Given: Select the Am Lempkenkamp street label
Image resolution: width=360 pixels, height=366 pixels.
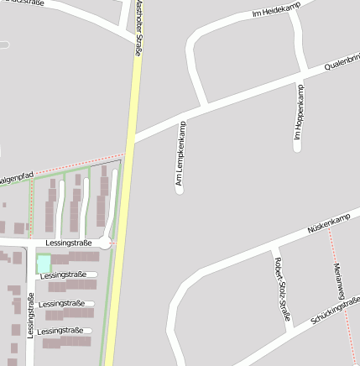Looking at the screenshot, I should pos(179,154).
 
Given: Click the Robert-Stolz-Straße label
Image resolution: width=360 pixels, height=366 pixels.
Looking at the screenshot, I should pos(278,288).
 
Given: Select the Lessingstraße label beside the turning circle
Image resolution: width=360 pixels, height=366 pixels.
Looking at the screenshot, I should pos(70,243).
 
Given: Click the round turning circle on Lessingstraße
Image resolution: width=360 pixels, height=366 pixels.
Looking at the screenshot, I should pos(104,243).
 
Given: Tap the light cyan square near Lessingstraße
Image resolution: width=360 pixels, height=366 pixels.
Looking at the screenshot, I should pos(43,264).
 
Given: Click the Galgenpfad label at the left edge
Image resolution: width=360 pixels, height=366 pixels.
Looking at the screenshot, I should pos(14,178).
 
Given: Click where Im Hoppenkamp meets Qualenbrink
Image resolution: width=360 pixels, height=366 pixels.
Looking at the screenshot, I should pos(298,83).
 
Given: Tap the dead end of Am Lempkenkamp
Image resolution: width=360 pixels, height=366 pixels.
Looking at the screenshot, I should pos(179,190).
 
